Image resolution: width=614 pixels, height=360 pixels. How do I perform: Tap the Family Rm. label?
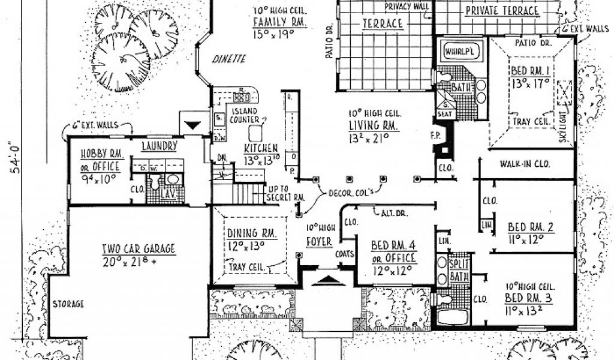[x=280, y=23]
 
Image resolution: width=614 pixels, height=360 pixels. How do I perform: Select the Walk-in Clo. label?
[x=525, y=164]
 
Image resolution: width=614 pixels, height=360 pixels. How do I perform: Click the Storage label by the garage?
[x=68, y=304]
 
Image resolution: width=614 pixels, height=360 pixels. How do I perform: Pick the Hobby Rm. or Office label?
[x=100, y=160]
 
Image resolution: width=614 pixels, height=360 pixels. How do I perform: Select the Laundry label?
[x=159, y=146]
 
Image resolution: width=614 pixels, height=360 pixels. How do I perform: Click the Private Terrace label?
[x=502, y=11]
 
